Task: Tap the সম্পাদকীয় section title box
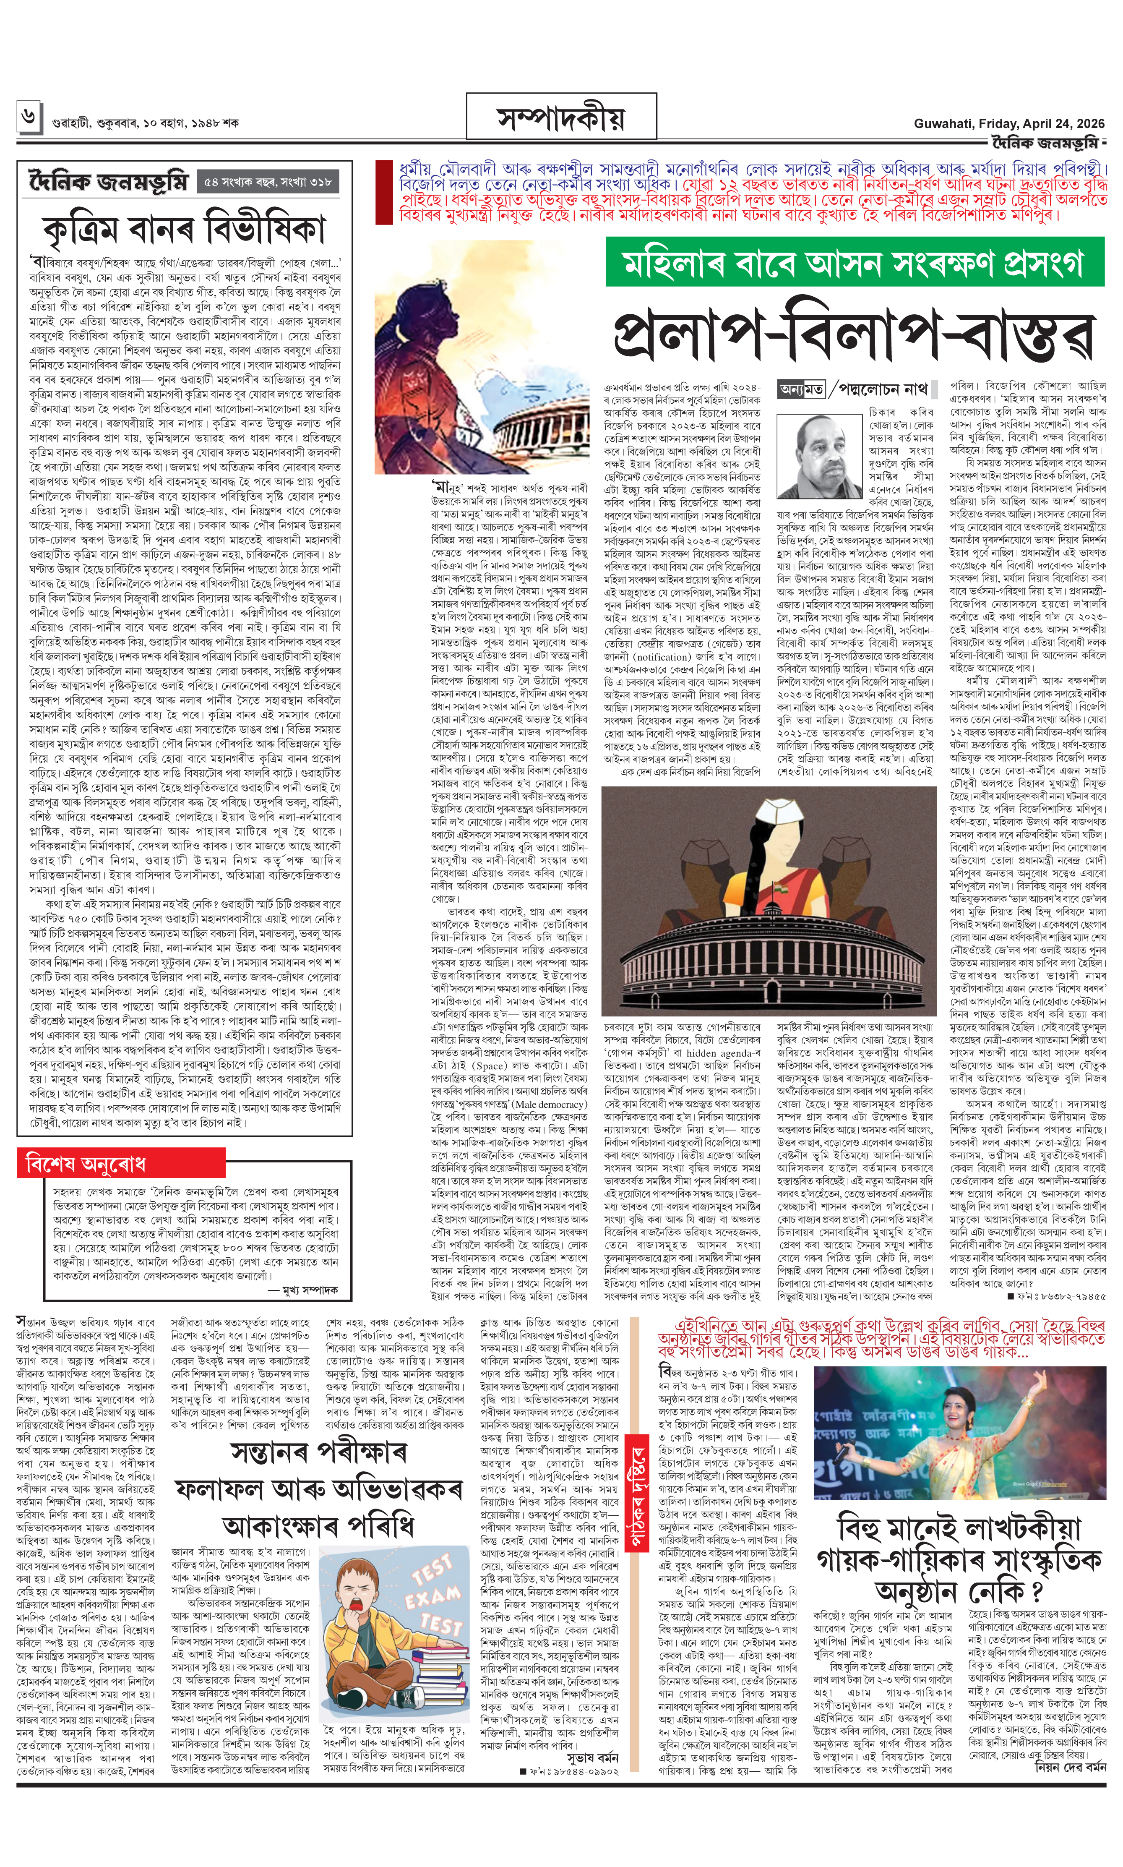561,118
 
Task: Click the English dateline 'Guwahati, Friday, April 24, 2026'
1009,123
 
